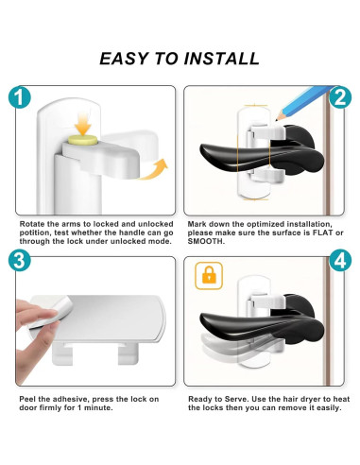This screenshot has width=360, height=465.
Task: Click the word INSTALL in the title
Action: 222,59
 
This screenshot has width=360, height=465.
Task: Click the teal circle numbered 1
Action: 20,97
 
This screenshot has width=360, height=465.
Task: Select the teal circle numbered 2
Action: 340,97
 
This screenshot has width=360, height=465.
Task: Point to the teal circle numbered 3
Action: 20,260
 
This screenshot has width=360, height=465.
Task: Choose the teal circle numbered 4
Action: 340,260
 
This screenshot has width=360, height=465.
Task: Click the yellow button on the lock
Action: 83,140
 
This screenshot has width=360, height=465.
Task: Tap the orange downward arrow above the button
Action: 83,125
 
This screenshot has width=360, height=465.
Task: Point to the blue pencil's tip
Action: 276,120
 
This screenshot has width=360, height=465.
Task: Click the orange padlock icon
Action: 209,276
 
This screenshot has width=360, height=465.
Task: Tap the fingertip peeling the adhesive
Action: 50,314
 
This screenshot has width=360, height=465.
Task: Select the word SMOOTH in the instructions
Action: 205,242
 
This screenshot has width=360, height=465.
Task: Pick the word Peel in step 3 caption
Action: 27,399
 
